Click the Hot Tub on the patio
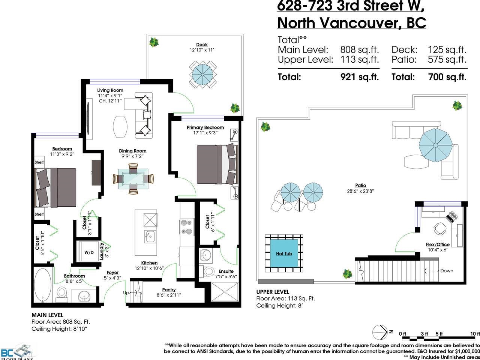[x=284, y=253]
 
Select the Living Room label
[x=110, y=90]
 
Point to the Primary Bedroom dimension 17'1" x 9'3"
[x=205, y=133]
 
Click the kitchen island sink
[x=150, y=237]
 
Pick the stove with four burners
[x=187, y=227]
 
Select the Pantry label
[x=169, y=289]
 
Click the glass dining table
[x=133, y=178]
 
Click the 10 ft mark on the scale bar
[x=475, y=334]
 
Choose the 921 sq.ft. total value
[x=360, y=77]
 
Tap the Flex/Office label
[x=438, y=244]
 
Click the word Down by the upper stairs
[x=447, y=271]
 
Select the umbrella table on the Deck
[x=203, y=75]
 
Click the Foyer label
[x=112, y=273]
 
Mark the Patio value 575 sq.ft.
[x=447, y=60]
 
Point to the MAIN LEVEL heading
[x=48, y=315]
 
